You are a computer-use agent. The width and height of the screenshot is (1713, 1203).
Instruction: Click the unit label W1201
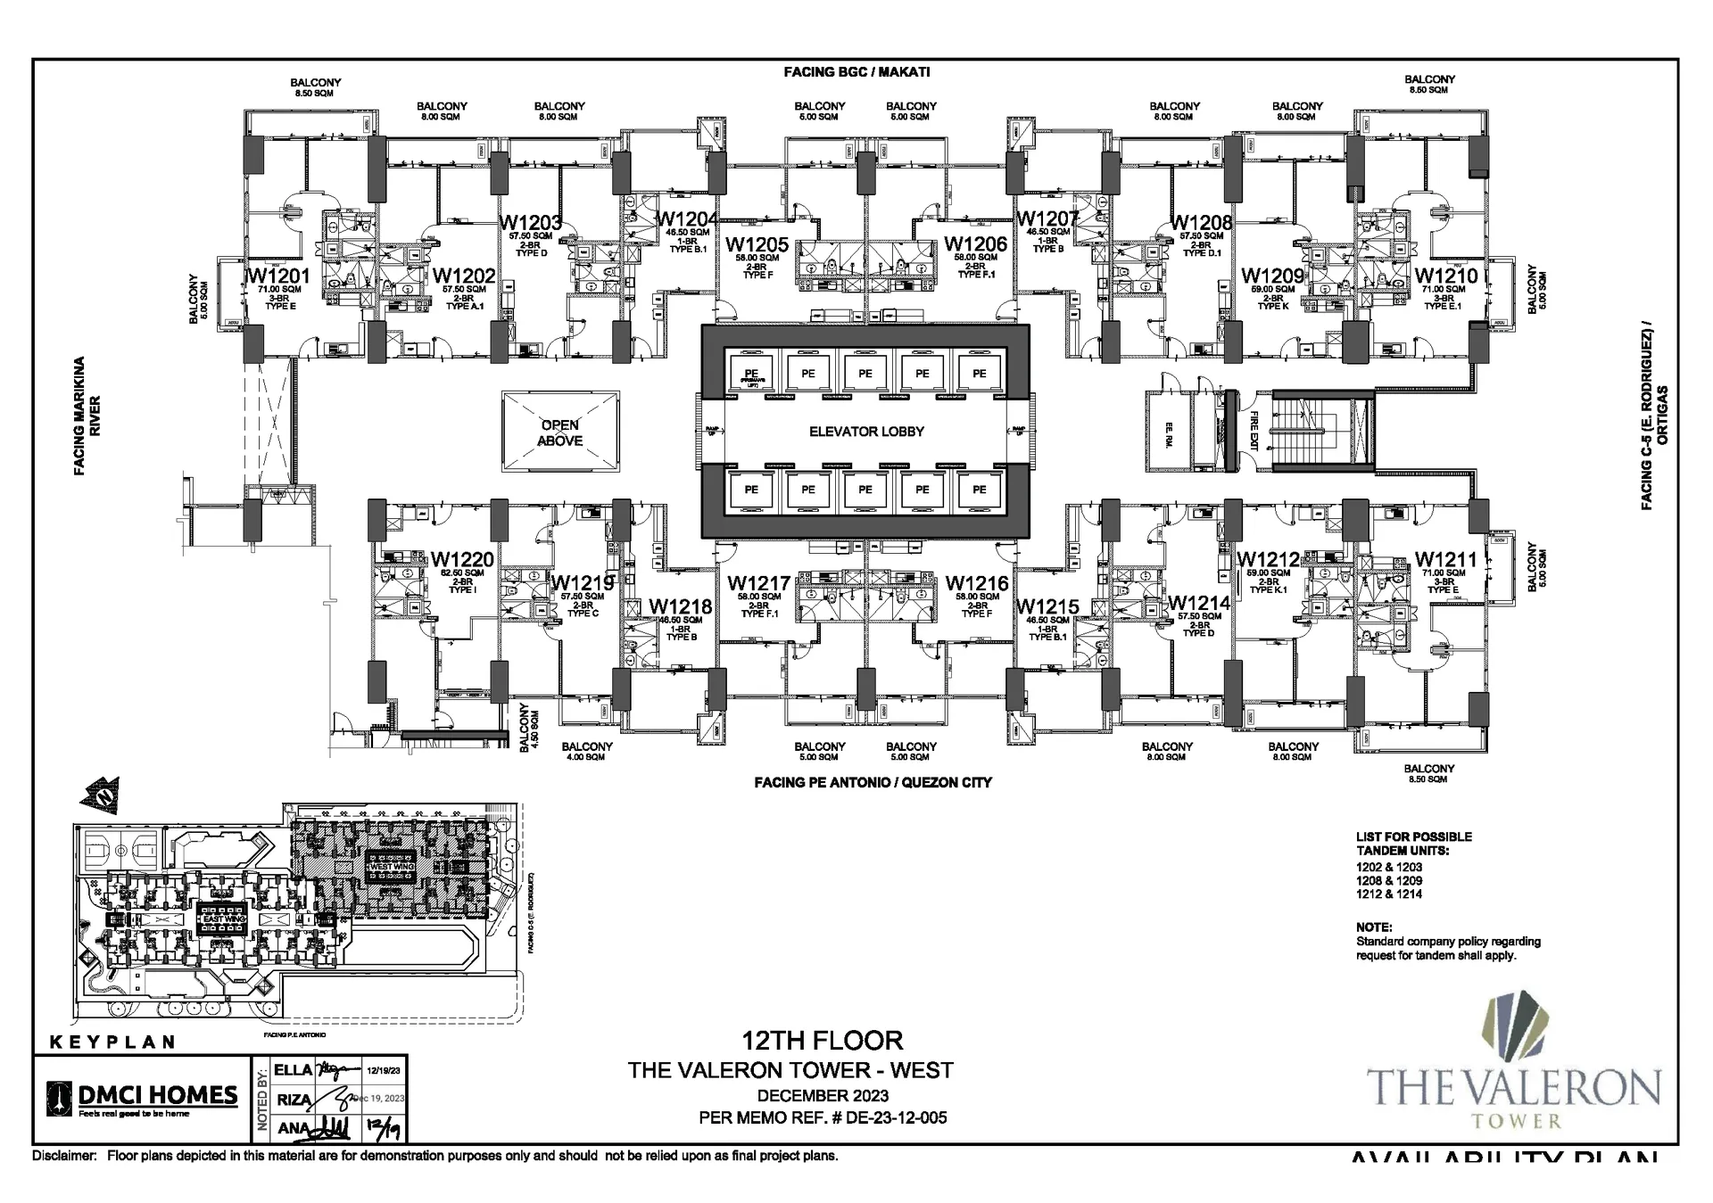[x=277, y=275]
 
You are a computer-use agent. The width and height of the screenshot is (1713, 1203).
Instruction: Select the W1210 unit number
[x=1445, y=275]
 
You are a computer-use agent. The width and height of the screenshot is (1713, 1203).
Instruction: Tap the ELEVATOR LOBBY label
[x=865, y=432]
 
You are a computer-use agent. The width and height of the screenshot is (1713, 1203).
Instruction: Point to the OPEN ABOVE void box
[x=560, y=433]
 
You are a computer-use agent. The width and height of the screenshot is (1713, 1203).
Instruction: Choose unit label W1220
[x=462, y=559]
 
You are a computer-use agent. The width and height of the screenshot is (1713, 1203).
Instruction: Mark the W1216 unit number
[x=976, y=583]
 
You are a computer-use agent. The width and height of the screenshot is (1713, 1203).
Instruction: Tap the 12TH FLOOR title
[x=822, y=1040]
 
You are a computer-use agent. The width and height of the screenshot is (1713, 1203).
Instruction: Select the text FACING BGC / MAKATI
[x=856, y=72]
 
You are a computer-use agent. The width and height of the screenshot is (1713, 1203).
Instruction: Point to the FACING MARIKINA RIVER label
[x=87, y=416]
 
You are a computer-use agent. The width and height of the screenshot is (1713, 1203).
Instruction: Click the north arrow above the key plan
[x=100, y=792]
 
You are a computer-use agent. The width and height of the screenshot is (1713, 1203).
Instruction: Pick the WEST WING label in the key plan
[x=393, y=866]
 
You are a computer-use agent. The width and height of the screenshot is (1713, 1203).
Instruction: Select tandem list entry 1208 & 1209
[x=1389, y=880]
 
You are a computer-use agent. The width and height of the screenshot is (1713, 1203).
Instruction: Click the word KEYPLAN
[x=112, y=1042]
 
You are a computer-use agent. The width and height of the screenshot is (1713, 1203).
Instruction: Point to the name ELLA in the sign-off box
[x=293, y=1070]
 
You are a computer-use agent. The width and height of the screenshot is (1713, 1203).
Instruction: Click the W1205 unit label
[x=757, y=244]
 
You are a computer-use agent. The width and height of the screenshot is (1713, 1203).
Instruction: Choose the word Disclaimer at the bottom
[x=63, y=1157]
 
